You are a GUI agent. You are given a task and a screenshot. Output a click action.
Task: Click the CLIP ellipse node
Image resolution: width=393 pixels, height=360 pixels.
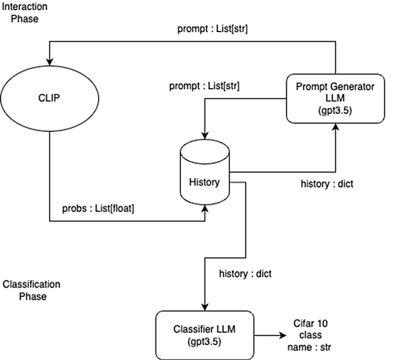pos(50,99)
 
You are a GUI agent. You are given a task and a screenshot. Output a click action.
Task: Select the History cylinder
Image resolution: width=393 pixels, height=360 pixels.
pos(205,172)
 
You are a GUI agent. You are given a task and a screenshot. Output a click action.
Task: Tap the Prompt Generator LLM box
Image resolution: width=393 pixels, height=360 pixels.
pos(335,99)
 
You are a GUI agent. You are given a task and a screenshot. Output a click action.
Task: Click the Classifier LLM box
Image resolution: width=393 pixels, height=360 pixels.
pos(205,335)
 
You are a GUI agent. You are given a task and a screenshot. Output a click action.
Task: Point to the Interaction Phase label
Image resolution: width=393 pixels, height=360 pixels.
pos(25,13)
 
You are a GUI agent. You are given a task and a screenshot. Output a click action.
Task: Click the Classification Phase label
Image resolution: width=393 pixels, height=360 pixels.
pos(32,290)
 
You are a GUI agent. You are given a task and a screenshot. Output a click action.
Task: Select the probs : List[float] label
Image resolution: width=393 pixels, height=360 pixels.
pos(98,208)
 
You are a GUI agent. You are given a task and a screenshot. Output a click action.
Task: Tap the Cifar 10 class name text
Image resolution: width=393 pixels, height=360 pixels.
pos(310,335)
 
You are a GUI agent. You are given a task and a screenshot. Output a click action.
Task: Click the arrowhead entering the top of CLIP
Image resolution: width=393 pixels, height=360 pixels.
pos(50,62)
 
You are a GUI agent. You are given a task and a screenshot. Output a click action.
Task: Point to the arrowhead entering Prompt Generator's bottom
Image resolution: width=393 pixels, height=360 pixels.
pos(335,127)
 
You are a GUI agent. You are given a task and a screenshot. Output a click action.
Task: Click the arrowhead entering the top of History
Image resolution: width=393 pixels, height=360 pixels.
pos(205,136)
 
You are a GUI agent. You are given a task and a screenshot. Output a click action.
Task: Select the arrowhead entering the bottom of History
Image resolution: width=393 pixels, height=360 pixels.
pos(205,208)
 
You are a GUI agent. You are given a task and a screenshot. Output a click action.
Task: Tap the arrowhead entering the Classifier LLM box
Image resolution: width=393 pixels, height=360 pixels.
pos(205,308)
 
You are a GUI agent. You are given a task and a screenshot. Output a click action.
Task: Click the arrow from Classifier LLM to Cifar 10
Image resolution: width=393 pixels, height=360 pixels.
pos(270,335)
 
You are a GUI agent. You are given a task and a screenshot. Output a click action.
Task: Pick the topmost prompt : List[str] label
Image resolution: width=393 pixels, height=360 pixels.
pos(213,29)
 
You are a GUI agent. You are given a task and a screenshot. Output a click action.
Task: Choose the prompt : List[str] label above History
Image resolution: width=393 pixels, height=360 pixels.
pos(205,86)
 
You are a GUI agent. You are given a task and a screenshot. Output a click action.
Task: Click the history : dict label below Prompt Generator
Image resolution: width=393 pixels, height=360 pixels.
pos(327,184)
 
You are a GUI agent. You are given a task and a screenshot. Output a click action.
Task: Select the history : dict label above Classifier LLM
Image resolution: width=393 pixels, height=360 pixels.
pos(245,274)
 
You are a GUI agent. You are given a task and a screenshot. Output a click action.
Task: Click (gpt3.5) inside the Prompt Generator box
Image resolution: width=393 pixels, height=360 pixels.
pos(335,110)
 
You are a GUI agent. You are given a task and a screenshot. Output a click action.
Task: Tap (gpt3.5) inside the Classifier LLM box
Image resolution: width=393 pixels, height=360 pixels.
pos(205,341)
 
